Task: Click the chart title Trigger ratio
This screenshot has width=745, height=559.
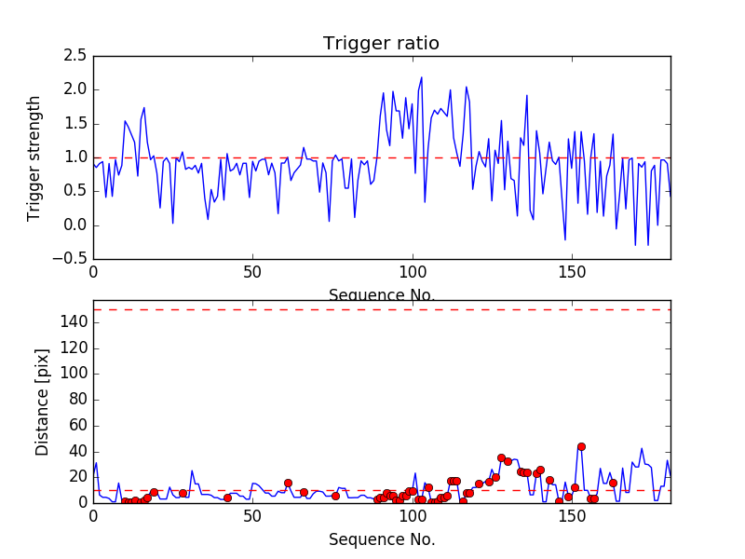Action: point(381,44)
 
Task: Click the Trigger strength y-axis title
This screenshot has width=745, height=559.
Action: point(34,157)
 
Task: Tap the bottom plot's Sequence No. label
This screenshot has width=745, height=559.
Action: point(382,539)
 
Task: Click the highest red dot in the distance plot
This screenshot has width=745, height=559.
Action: point(581,446)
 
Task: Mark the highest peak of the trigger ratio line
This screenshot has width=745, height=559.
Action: point(421,77)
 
